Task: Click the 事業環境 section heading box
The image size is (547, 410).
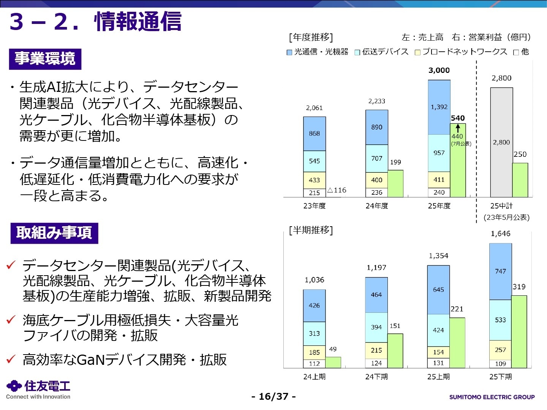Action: tap(45, 59)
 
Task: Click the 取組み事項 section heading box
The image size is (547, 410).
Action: tap(54, 233)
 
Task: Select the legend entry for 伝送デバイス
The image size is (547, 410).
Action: tap(381, 52)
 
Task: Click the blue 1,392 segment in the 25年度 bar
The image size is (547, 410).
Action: tap(439, 107)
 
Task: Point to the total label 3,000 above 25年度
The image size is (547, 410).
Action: tap(439, 70)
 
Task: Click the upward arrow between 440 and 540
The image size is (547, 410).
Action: tap(458, 128)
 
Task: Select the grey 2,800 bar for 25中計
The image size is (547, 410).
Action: tap(501, 142)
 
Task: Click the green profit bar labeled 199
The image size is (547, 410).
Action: tap(395, 183)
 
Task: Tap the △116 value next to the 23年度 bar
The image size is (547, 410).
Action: tap(337, 190)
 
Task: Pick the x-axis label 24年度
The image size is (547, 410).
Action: tap(376, 206)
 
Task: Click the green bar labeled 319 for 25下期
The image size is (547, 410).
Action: tap(519, 331)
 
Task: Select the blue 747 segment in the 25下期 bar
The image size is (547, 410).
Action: tap(500, 271)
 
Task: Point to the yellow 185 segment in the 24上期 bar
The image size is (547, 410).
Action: tap(314, 352)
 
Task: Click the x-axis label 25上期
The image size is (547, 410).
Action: tap(438, 377)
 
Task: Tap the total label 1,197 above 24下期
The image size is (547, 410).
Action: tap(376, 268)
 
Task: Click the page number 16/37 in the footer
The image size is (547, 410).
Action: tap(273, 397)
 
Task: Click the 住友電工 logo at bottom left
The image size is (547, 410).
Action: tap(38, 389)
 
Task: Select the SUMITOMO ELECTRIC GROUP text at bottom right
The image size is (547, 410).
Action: tap(492, 397)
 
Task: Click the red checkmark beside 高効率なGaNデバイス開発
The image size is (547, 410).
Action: tap(11, 359)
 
